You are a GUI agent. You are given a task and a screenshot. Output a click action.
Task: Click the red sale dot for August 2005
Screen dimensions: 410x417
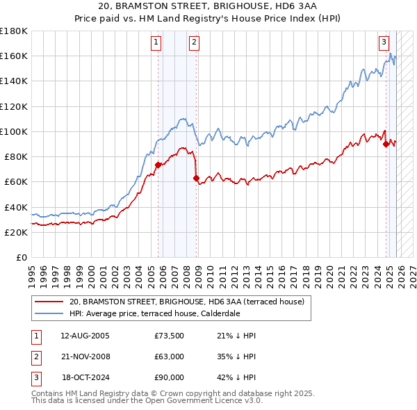(x=158, y=165)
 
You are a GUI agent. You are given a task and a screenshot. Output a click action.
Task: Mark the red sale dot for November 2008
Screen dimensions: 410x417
(x=197, y=178)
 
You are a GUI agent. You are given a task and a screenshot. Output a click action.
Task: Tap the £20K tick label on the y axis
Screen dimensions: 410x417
(x=16, y=232)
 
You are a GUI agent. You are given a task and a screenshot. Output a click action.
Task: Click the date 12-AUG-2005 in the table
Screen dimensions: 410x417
(x=85, y=336)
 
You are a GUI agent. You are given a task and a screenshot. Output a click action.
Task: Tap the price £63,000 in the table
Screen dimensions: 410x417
(x=169, y=356)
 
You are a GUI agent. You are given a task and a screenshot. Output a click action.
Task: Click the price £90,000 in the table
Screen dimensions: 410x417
(x=169, y=377)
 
